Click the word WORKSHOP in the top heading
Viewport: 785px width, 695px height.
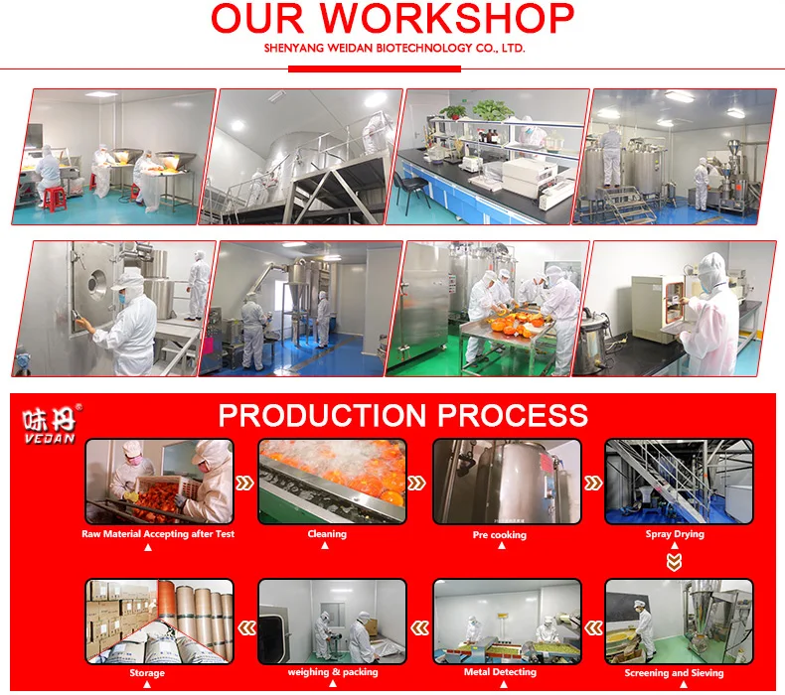tap(447, 19)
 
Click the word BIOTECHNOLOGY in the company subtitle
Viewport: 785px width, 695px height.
tap(424, 48)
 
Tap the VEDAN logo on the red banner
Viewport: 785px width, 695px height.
tap(50, 424)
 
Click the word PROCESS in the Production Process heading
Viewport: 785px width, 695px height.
tap(513, 415)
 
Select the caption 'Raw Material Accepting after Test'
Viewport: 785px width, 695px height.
tap(158, 534)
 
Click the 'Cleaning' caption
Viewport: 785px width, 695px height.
tap(327, 534)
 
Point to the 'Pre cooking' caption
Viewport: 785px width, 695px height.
tap(500, 535)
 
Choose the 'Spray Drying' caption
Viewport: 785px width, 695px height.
tap(675, 534)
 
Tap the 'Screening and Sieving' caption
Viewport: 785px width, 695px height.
tap(674, 673)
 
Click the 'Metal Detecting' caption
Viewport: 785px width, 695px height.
tap(500, 672)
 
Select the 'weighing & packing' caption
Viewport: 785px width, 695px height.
tap(333, 672)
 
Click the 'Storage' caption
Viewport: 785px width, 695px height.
tap(147, 673)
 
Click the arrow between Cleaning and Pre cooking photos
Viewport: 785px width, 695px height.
tap(417, 483)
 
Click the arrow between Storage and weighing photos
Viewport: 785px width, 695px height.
tap(246, 627)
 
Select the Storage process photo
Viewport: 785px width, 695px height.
tap(160, 622)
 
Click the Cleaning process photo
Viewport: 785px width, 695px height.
tap(333, 482)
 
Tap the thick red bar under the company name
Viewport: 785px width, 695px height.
tap(375, 69)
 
